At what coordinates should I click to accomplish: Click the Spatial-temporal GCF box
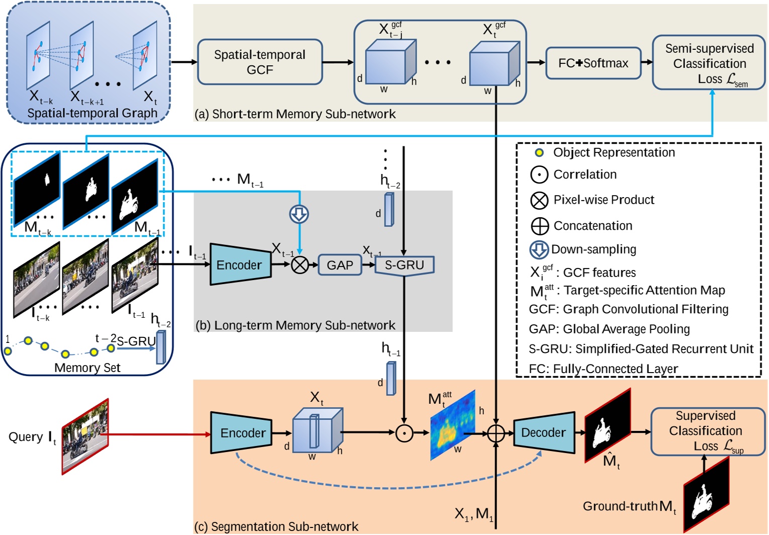260,62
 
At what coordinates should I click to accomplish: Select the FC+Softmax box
593,63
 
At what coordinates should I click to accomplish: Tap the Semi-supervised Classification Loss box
709,63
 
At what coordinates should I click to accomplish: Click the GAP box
340,265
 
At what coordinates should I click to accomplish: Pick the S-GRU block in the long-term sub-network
404,265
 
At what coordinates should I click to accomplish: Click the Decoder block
544,432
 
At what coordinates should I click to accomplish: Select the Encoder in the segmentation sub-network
242,432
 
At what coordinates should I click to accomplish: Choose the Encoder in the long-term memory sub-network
239,265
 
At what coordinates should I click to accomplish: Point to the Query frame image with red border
85,436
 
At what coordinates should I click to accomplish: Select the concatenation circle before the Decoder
496,433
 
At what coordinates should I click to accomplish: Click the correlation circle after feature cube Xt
404,432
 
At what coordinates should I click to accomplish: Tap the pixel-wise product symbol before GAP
300,265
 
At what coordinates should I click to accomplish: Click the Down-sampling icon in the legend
539,250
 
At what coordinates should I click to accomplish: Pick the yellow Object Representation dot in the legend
539,152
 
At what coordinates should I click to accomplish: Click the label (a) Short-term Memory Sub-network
295,114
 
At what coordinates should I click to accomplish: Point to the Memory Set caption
87,368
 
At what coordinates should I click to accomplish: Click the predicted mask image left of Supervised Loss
607,425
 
